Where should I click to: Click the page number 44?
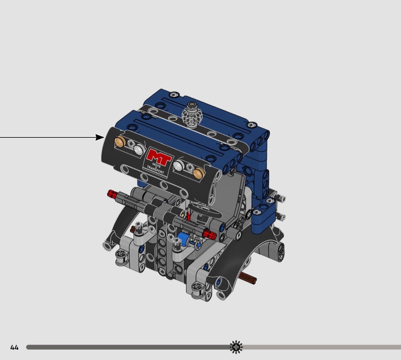coord(15,347)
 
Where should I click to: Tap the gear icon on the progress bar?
coord(236,347)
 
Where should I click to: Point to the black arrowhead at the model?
coord(100,138)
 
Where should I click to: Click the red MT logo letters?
coord(159,157)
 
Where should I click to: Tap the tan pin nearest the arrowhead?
coord(120,142)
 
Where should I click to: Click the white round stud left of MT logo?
coord(139,149)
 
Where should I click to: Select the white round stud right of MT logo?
coord(178,165)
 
